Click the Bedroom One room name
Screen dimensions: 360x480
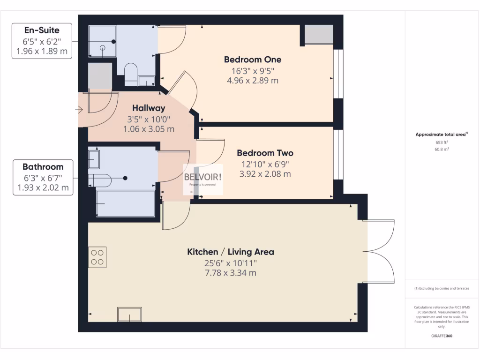pyautogui.click(x=252, y=60)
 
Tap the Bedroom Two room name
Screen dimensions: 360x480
pyautogui.click(x=265, y=153)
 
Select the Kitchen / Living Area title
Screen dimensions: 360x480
pyautogui.click(x=231, y=252)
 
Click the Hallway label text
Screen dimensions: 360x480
pyautogui.click(x=149, y=108)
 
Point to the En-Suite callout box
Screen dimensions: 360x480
pyautogui.click(x=42, y=41)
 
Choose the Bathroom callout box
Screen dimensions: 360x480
pyautogui.click(x=43, y=178)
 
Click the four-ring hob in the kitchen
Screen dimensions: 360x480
pyautogui.click(x=97, y=257)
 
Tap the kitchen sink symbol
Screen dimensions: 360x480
pyautogui.click(x=130, y=314)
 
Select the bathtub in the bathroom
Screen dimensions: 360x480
pyautogui.click(x=125, y=203)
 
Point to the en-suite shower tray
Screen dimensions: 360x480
pyautogui.click(x=103, y=41)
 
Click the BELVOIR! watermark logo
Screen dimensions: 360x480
pyautogui.click(x=202, y=179)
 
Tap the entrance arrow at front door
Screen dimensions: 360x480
pyautogui.click(x=78, y=110)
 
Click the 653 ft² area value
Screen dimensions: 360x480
pyautogui.click(x=442, y=142)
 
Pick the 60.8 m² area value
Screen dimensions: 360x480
pyautogui.click(x=442, y=149)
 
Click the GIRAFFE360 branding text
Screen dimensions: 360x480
pyautogui.click(x=442, y=336)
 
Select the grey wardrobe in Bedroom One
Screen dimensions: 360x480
pyautogui.click(x=319, y=35)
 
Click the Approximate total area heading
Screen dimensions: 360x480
pyautogui.click(x=441, y=135)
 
